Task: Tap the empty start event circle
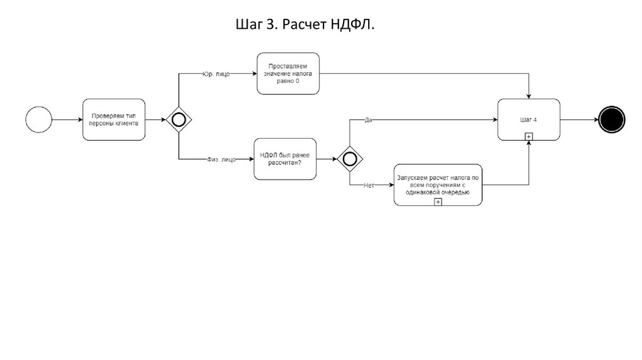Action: (x=38, y=119)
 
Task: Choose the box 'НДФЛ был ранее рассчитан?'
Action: (x=285, y=159)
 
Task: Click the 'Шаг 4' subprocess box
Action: (x=529, y=119)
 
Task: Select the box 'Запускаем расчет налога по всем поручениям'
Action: (x=438, y=184)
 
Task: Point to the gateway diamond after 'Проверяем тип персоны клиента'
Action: (x=179, y=119)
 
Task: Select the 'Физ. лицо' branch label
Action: (x=221, y=159)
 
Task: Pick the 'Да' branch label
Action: (x=368, y=119)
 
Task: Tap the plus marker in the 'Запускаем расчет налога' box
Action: (x=438, y=201)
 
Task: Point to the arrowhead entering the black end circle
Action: (x=595, y=119)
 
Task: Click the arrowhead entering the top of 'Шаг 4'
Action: (x=529, y=96)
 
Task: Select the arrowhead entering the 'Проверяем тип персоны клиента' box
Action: (x=80, y=119)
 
